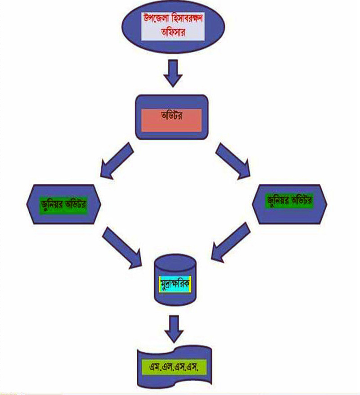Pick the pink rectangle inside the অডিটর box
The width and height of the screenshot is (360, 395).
click(171, 120)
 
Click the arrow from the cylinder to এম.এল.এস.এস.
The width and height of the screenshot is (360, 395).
click(174, 330)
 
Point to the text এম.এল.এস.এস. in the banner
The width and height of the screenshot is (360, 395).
click(173, 367)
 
